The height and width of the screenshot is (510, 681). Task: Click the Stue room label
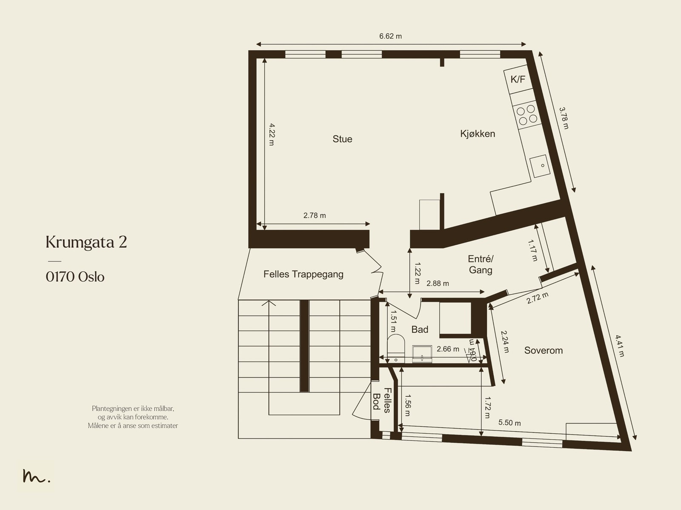342,139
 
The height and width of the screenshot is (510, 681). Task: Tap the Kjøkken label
478,134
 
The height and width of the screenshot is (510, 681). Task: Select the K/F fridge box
518,79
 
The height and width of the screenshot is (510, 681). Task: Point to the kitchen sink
540,166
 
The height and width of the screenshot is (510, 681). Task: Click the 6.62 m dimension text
390,36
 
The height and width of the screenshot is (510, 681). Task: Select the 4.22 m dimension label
272,135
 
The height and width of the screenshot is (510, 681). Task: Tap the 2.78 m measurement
315,215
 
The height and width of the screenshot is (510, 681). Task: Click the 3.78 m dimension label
564,118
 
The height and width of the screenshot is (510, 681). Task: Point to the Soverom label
543,350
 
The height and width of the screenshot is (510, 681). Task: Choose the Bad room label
420,329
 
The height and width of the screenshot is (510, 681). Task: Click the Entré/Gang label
480,264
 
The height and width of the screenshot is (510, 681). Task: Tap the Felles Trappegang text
303,274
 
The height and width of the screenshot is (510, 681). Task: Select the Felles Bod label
382,400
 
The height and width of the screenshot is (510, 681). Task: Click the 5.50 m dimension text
509,423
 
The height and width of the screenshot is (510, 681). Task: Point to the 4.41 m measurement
620,346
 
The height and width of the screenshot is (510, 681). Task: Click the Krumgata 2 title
86,242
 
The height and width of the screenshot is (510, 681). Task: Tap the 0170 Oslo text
75,277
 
